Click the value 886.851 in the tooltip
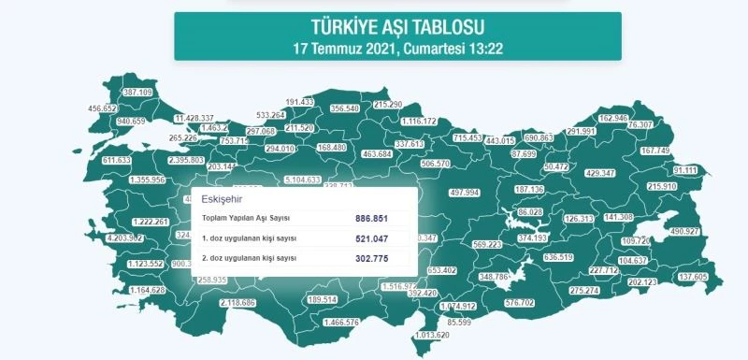(372, 218)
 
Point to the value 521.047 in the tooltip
(372, 238)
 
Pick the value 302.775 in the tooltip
(372, 257)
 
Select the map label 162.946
(612, 118)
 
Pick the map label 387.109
(137, 93)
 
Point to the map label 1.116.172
(419, 122)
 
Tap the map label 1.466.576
(340, 323)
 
